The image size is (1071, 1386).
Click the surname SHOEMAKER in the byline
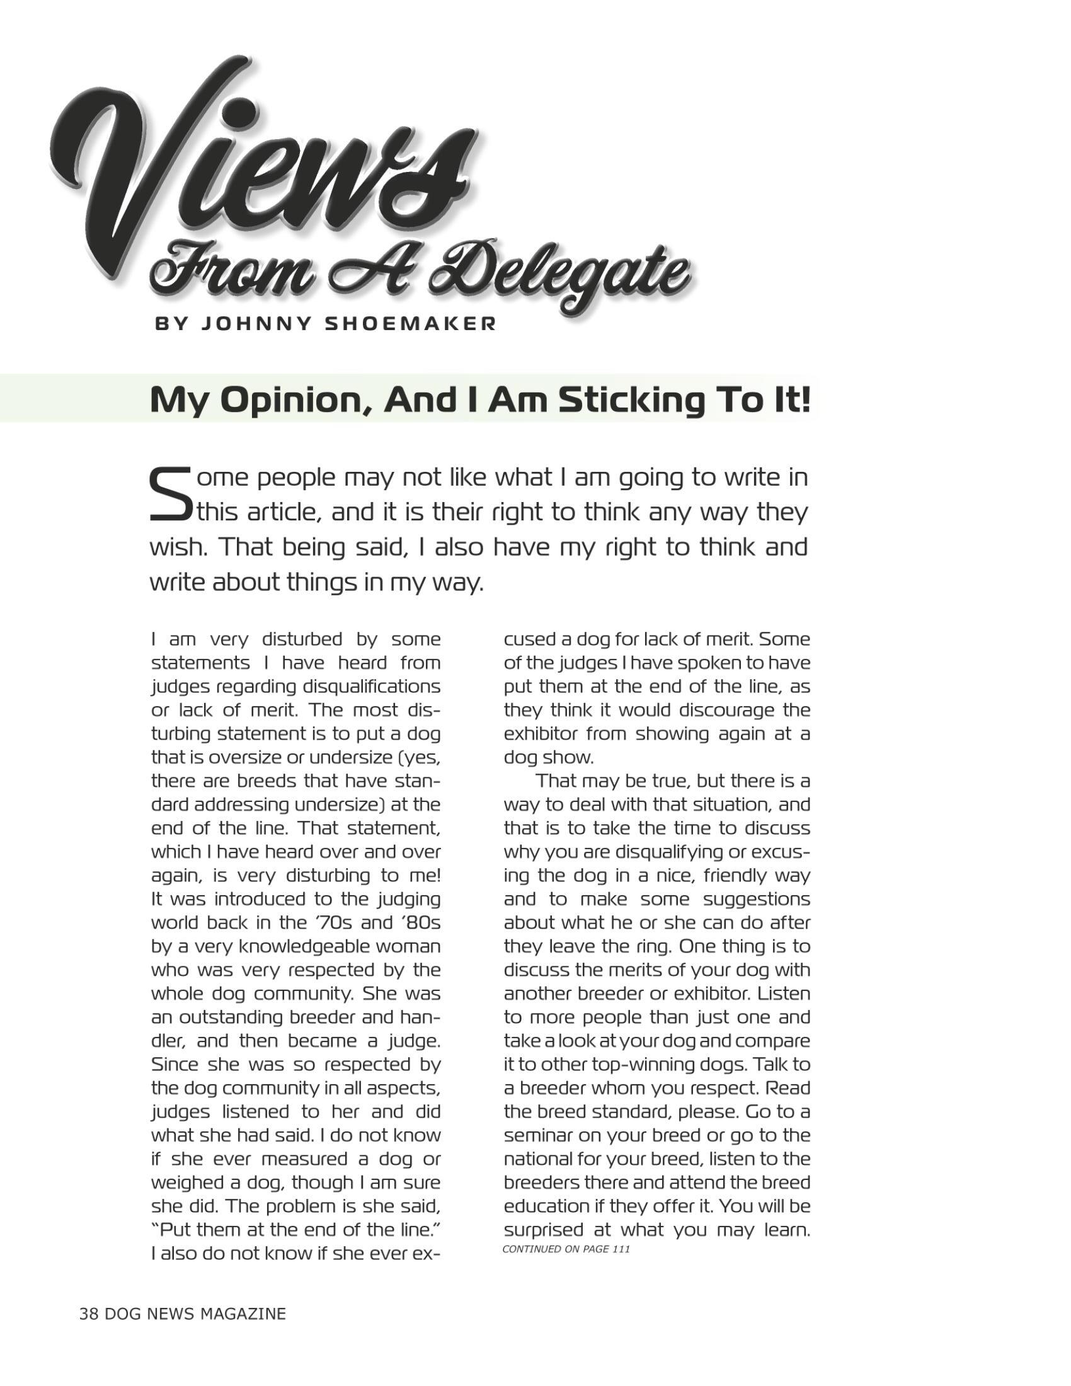[411, 324]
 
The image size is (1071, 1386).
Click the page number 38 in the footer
[88, 1314]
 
